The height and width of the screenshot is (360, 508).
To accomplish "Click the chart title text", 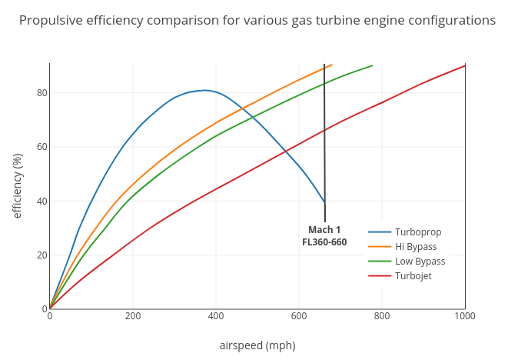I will click(x=257, y=21).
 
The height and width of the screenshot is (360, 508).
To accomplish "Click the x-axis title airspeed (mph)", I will click(x=257, y=345).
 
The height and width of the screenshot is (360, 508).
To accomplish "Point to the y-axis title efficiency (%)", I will click(x=18, y=185).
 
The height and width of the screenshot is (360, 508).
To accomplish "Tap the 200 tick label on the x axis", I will click(x=133, y=316).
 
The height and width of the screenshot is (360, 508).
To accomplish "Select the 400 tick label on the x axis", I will click(x=216, y=316).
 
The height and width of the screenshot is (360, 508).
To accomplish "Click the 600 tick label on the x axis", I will click(x=299, y=316).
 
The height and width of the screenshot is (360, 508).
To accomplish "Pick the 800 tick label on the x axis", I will click(x=382, y=316).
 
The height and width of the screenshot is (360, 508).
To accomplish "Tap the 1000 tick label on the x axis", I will click(x=464, y=316).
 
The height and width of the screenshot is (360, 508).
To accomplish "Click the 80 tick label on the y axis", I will click(x=42, y=93).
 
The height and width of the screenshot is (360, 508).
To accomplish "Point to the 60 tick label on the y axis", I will click(x=42, y=147).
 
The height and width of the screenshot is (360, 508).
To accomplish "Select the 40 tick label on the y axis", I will click(x=42, y=202).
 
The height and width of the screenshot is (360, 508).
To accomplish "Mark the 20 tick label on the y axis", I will click(x=42, y=255).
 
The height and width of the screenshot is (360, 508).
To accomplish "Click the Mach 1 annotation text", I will click(x=324, y=230).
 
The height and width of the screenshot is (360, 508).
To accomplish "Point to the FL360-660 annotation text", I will click(x=324, y=242).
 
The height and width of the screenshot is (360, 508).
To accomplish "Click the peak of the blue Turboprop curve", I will click(x=205, y=90).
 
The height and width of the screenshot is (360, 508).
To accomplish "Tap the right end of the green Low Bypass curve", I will click(x=373, y=65).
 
